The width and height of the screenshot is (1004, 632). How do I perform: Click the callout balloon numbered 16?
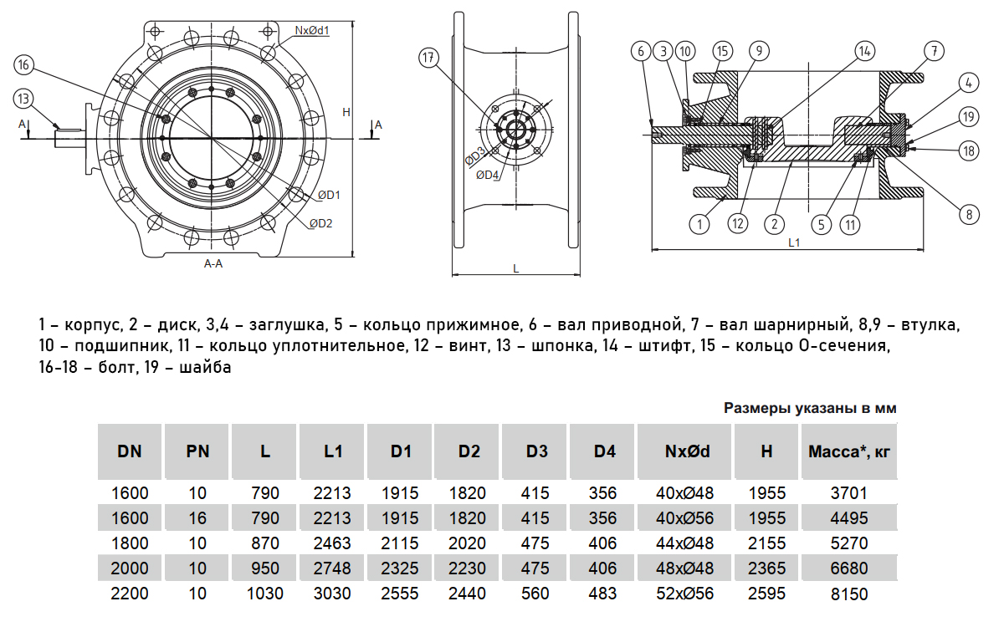coord(24,65)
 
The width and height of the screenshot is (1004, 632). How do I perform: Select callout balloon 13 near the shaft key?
coord(24,99)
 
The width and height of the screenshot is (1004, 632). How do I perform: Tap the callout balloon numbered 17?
coord(429,58)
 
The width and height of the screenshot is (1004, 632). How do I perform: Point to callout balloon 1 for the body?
coord(699,223)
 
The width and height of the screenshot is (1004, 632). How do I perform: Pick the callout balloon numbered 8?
coord(969,215)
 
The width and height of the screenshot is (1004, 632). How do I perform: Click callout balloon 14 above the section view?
coord(863,50)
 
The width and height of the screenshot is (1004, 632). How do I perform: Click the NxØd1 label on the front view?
coord(311,31)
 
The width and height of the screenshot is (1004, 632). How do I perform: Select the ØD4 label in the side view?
coord(488,175)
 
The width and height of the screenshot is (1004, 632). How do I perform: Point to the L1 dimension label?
coord(794,242)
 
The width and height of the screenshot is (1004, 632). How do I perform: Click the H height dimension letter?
coord(346,111)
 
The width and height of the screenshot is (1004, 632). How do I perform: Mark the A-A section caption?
coord(213,263)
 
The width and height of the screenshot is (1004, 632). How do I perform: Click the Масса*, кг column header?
coord(848,452)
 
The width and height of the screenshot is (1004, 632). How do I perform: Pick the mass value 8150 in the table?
coord(848,594)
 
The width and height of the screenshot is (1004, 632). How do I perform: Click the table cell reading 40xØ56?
coord(686,519)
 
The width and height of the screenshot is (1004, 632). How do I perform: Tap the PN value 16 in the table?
coord(197,519)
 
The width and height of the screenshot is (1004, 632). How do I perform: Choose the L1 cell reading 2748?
coord(333,569)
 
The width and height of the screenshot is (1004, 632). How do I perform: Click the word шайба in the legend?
coord(204,368)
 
